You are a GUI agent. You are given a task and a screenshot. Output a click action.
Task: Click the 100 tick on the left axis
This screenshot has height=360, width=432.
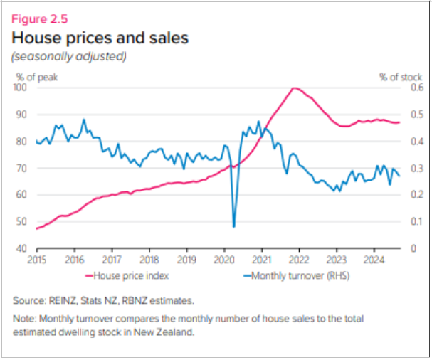tap(20, 88)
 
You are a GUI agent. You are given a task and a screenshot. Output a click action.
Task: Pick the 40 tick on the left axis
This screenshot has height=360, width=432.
tap(22, 248)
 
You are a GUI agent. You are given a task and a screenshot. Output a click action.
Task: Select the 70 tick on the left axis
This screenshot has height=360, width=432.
tap(22, 168)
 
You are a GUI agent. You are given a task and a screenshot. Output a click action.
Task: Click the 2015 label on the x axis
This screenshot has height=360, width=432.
tap(36, 260)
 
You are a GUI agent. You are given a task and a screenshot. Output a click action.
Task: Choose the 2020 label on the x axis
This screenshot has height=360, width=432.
tap(223, 260)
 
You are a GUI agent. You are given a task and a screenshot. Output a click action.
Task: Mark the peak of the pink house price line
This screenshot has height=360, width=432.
tap(294, 88)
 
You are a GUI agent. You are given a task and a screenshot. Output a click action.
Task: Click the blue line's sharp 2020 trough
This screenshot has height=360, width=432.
tap(234, 227)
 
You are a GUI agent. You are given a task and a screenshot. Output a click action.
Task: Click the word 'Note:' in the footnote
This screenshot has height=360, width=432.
tap(26, 317)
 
